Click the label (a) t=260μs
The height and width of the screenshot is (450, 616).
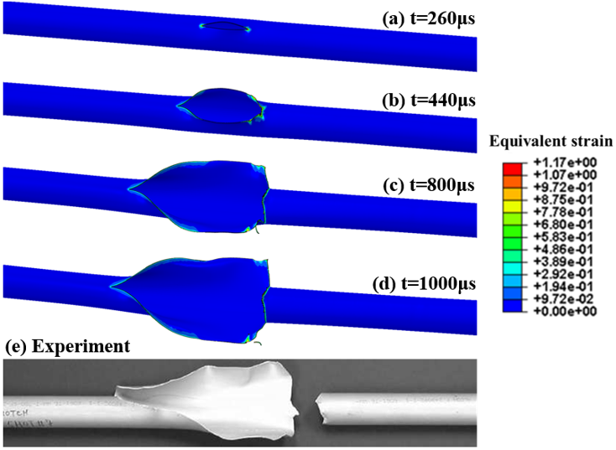click(x=429, y=18)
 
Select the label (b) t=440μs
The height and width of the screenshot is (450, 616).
click(x=429, y=101)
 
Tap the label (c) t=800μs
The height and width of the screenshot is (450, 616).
click(x=429, y=185)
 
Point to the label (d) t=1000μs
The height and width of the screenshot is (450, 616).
click(x=424, y=283)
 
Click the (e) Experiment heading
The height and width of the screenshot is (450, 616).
click(x=67, y=346)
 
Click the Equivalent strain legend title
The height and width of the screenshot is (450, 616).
click(x=551, y=142)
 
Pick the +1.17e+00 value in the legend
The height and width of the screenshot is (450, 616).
click(x=565, y=162)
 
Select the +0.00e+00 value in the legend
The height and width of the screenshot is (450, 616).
click(x=565, y=311)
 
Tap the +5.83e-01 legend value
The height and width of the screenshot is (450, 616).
click(x=563, y=236)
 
